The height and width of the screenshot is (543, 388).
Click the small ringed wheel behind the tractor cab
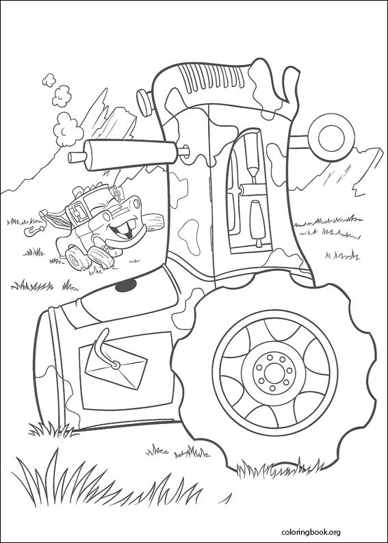point(331,135)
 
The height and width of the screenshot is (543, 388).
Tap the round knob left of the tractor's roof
point(144,101)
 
